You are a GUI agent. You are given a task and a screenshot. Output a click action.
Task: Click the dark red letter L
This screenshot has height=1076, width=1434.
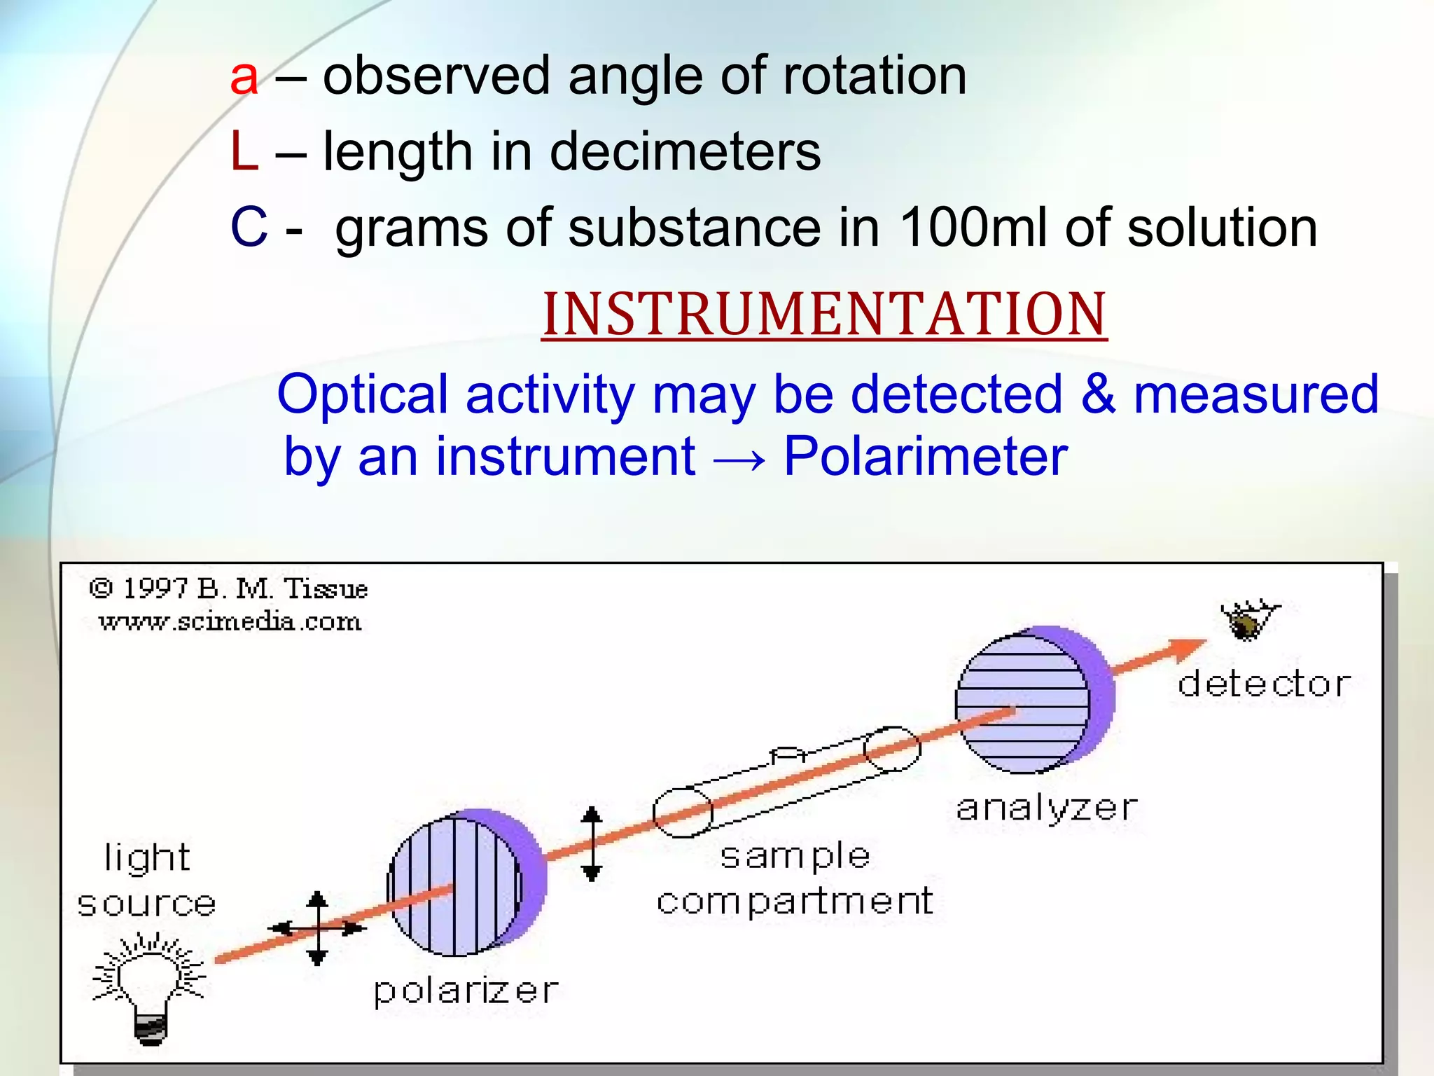[244, 152]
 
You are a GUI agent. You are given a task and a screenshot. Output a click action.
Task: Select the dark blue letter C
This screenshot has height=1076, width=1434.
[249, 228]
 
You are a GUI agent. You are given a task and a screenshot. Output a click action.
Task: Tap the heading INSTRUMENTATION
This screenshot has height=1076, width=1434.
[824, 315]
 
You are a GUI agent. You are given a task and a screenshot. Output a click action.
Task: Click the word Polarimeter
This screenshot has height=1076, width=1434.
[925, 457]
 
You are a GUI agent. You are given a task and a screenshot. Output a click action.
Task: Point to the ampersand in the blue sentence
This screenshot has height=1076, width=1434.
[1097, 394]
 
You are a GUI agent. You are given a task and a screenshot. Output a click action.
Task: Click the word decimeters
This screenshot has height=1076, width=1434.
[685, 152]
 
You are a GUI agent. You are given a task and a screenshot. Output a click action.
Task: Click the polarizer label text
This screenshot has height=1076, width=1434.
[466, 991]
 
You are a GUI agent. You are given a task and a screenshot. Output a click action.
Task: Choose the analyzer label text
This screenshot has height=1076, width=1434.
[1046, 808]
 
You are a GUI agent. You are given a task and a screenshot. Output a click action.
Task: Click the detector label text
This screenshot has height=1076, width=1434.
[1264, 684]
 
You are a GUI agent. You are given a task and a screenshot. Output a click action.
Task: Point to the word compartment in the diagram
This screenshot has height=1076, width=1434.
[795, 902]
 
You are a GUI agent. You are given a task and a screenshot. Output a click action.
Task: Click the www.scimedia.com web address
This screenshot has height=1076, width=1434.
[230, 621]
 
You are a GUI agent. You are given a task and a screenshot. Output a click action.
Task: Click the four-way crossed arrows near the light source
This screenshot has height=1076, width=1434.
[317, 928]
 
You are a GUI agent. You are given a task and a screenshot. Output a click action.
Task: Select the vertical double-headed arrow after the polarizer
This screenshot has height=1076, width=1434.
[592, 843]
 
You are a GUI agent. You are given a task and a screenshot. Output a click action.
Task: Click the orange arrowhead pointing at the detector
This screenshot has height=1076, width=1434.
[1187, 649]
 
